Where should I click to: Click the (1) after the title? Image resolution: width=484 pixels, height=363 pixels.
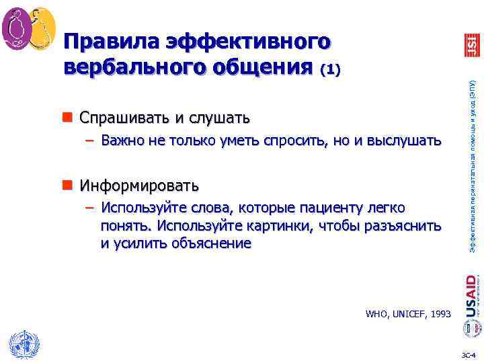331,69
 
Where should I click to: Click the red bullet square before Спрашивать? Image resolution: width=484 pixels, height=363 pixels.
70,118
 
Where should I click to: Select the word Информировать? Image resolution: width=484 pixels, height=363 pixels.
139,184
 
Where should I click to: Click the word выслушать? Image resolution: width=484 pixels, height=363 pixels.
407,140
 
